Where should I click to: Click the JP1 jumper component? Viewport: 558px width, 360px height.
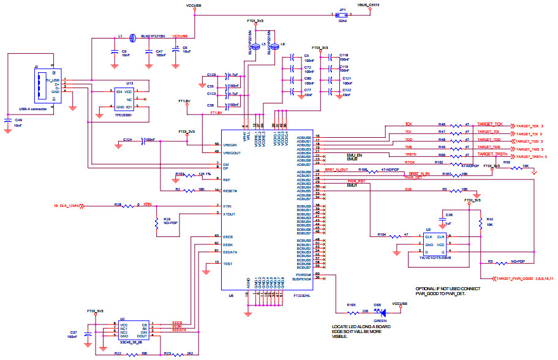(x=342, y=17)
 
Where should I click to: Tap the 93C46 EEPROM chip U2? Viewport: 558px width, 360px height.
(x=133, y=331)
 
